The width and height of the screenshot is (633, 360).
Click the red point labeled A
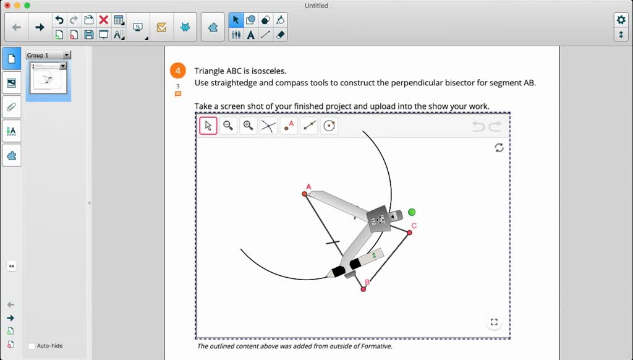coord(304,194)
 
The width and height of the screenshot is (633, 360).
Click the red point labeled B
coord(363,289)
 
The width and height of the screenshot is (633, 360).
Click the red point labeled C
coord(409,233)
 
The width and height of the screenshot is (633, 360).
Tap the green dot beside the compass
coord(412,212)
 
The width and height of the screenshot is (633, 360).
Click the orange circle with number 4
coord(177,71)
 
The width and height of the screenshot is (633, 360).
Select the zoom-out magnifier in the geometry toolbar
coord(228,126)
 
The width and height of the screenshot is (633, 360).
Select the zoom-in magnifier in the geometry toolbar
coord(248,126)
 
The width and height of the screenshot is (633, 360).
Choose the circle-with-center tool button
coord(329,126)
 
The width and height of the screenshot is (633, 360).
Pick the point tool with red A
coord(289,126)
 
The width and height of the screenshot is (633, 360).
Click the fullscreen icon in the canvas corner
coord(493,322)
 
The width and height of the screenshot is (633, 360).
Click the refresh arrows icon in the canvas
coord(499,147)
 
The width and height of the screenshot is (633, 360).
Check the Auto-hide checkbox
coord(32,346)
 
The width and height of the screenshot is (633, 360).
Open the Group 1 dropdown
coord(67,55)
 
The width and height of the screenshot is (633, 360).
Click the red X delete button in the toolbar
coord(104,20)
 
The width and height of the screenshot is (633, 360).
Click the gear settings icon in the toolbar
coord(621,20)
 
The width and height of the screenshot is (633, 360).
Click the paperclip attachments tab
coord(11,106)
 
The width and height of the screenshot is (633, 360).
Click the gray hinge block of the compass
coord(378,219)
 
